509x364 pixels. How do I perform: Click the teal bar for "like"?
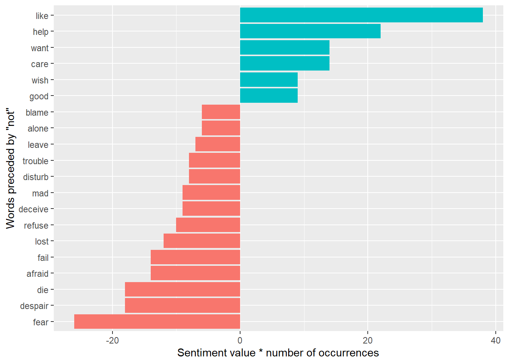click(361, 15)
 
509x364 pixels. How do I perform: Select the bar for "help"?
click(310, 31)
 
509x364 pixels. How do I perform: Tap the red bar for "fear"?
click(157, 322)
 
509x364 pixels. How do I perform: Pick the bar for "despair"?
click(183, 306)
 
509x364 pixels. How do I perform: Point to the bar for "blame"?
click(221, 112)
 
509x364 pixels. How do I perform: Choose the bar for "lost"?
click(202, 241)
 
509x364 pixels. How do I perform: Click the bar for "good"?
click(269, 96)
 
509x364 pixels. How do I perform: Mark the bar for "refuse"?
click(208, 225)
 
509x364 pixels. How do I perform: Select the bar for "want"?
click(285, 47)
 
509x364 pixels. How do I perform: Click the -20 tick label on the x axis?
click(112, 340)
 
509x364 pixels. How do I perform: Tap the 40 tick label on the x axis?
click(495, 340)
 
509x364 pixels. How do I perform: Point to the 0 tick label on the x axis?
click(240, 340)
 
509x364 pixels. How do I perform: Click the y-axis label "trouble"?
click(36, 161)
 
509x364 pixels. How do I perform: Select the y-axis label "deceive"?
click(34, 209)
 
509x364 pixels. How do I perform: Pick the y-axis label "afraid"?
click(37, 274)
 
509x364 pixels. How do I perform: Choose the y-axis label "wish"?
click(40, 80)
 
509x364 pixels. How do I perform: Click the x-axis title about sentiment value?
click(278, 353)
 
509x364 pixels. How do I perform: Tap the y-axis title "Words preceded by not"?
click(11, 169)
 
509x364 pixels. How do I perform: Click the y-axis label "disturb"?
click(36, 177)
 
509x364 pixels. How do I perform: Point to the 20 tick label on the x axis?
click(368, 340)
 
